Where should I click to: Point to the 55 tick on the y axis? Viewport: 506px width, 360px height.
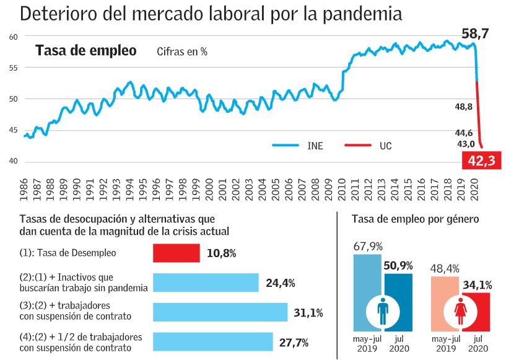(13, 68)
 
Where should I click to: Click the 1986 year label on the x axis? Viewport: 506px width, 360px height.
(25, 188)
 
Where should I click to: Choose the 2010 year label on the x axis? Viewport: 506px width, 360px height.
(342, 188)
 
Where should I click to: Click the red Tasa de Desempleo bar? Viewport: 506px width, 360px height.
(176, 253)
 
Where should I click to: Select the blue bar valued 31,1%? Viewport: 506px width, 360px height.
(220, 312)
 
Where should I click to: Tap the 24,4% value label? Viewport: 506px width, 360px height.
(280, 284)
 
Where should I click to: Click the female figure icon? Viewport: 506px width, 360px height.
(460, 312)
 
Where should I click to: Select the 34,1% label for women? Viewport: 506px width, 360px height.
(477, 285)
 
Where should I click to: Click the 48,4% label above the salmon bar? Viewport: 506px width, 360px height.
(445, 269)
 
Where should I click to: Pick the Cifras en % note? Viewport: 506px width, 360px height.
(182, 52)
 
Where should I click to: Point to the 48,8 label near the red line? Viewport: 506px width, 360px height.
(463, 107)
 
